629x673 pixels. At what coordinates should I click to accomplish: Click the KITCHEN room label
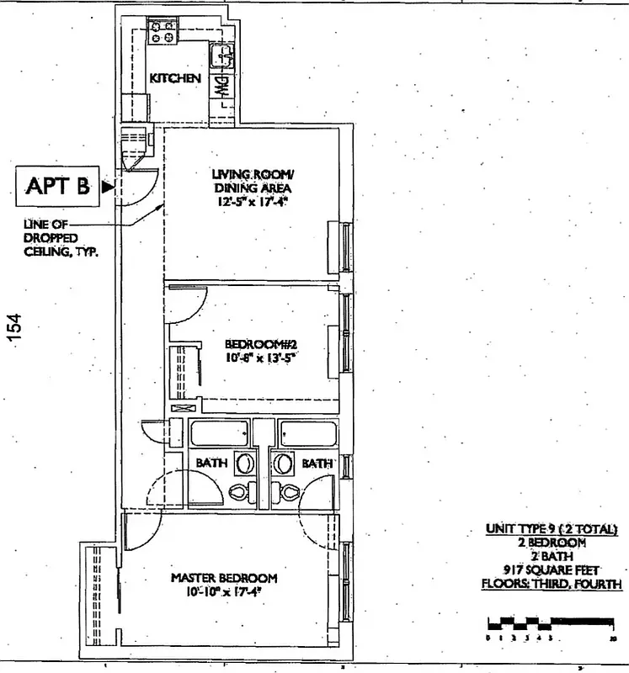175,78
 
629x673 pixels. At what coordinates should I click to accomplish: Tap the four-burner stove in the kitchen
163,31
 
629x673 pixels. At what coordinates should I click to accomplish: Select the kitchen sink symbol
223,55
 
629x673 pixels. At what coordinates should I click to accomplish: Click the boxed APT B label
58,187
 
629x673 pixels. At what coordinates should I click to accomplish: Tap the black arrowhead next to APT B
106,188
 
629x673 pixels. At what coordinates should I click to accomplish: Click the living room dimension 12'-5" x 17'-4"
252,202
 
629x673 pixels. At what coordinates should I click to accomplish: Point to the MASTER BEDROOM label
224,578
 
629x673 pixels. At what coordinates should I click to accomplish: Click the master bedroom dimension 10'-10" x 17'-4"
224,591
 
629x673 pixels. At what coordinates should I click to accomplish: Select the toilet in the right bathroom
291,492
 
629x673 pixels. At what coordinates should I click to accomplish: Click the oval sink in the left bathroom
245,464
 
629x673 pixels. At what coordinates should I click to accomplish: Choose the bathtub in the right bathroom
308,434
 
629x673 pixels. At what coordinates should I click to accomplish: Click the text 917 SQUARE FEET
551,570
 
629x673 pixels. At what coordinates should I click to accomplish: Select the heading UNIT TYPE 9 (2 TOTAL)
552,529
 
